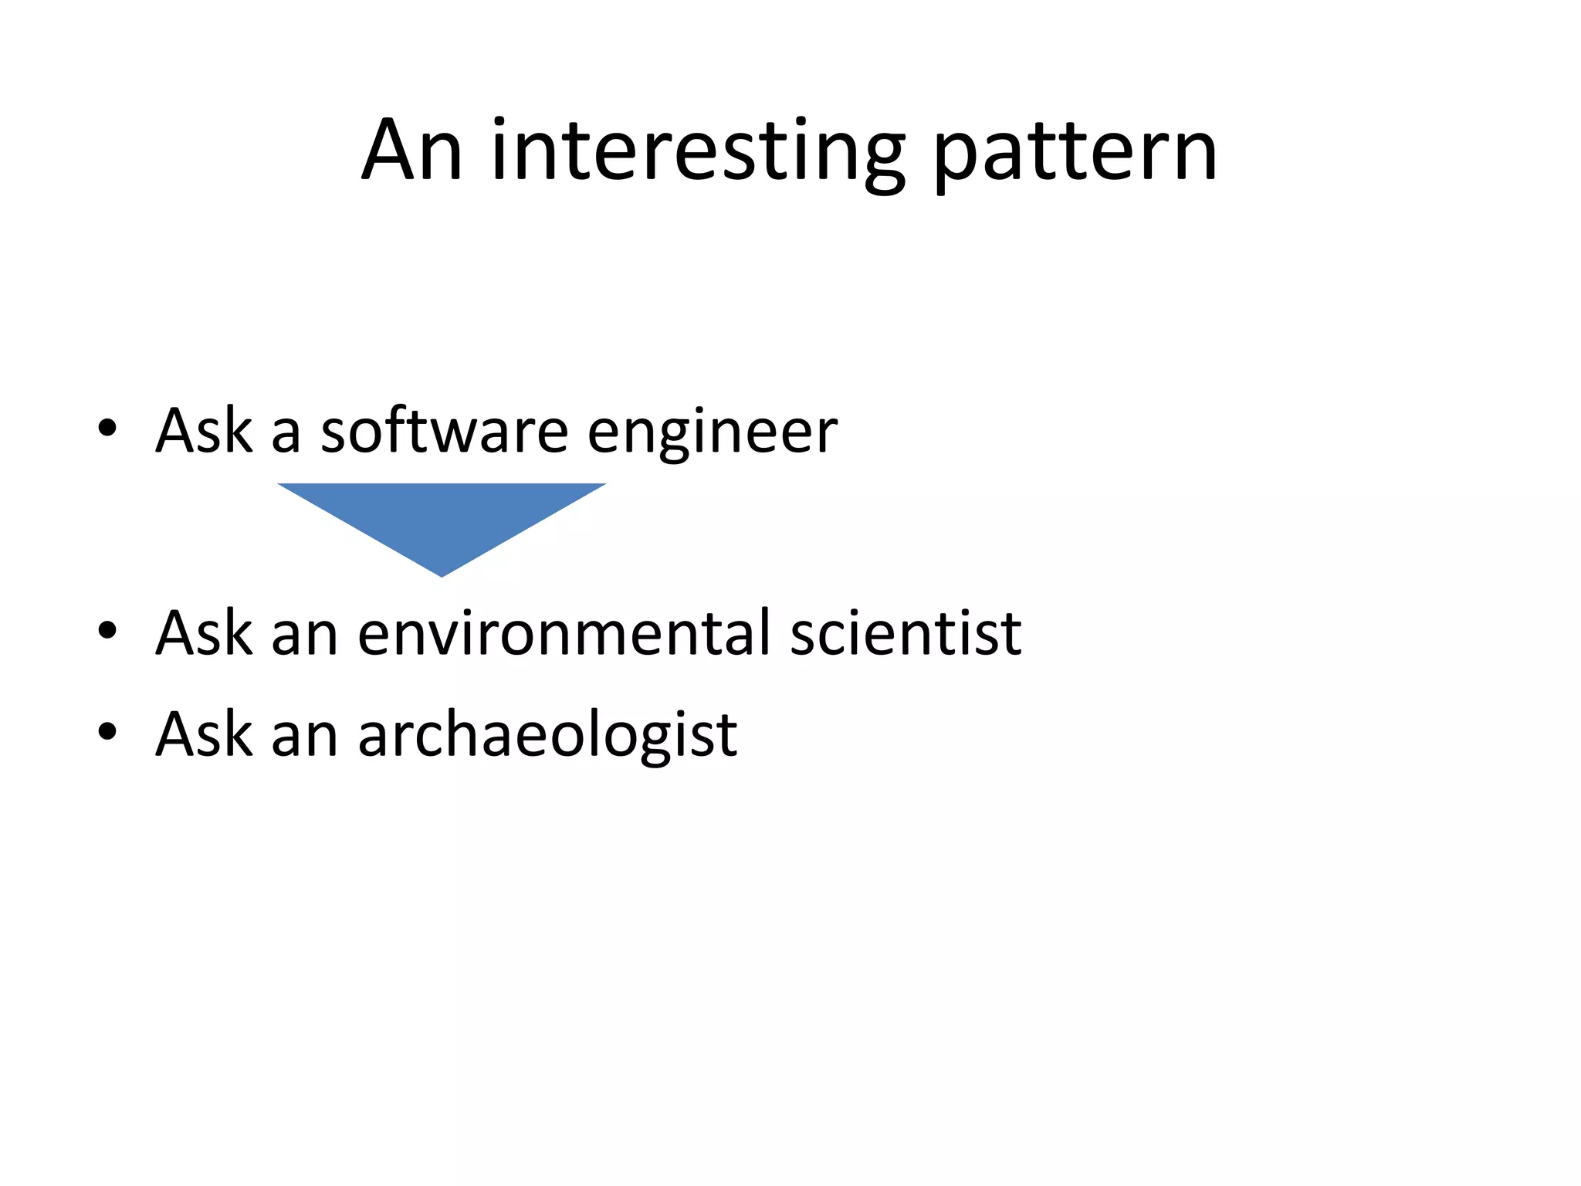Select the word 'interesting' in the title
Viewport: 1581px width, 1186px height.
pyautogui.click(x=698, y=153)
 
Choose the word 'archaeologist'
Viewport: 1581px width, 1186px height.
pyautogui.click(x=547, y=735)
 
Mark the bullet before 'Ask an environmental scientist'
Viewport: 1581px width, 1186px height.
pyautogui.click(x=107, y=631)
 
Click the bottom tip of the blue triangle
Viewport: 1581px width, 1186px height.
pyautogui.click(x=442, y=574)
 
